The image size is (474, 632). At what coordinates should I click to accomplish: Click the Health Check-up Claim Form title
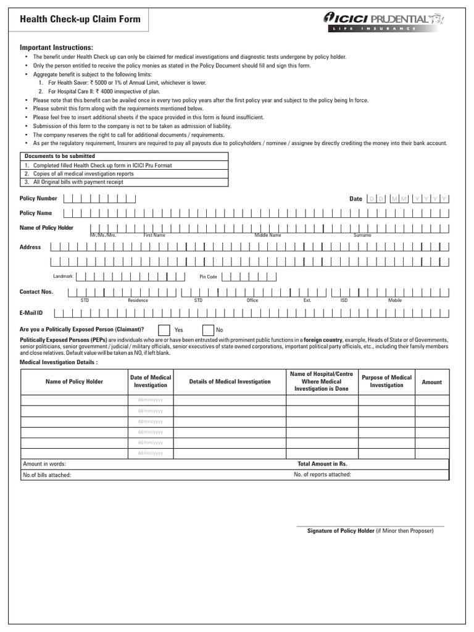(x=80, y=19)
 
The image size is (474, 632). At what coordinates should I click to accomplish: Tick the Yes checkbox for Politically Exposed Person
(x=165, y=330)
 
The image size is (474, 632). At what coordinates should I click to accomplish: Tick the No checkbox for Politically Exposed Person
(x=209, y=330)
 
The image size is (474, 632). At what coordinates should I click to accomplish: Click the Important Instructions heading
(x=56, y=48)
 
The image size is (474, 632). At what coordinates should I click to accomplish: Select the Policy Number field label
(x=38, y=199)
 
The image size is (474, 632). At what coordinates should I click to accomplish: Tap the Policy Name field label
(x=36, y=213)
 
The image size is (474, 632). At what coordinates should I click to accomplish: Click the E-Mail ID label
(x=31, y=313)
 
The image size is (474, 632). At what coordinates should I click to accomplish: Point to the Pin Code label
(x=208, y=276)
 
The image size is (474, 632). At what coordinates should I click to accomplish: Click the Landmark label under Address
(x=63, y=276)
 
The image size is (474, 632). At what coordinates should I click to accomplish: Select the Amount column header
(x=431, y=382)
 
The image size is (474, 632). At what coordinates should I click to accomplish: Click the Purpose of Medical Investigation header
(x=386, y=381)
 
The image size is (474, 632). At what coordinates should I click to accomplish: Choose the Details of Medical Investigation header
(x=230, y=382)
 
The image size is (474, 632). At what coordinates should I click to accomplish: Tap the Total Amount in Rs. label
(x=322, y=464)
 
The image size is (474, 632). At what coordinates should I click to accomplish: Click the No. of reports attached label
(x=322, y=475)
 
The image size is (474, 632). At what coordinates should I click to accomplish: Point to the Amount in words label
(x=44, y=464)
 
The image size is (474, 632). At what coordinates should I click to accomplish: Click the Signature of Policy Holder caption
(x=370, y=531)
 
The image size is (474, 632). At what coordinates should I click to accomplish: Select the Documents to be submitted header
(x=59, y=156)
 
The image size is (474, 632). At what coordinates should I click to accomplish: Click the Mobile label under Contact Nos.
(x=395, y=300)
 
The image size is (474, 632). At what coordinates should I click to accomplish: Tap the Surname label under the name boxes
(x=362, y=235)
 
